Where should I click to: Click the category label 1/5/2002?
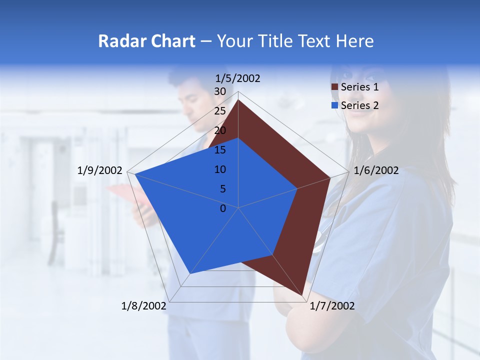[x=238, y=78]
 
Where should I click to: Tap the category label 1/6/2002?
[x=376, y=170]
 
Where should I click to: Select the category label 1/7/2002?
[x=332, y=306]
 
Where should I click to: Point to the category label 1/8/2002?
[x=144, y=306]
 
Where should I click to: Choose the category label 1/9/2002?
[x=100, y=170]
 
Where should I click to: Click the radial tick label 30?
[x=220, y=91]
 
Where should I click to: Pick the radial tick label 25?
[x=220, y=111]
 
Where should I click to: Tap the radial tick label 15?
[x=220, y=150]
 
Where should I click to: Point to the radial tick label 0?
[x=223, y=208]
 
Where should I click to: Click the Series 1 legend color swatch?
[x=335, y=87]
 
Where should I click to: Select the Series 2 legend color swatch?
[x=335, y=105]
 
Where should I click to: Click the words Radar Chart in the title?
[x=146, y=41]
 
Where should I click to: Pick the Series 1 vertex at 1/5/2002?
[x=238, y=100]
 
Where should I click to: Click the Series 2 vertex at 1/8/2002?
[x=190, y=273]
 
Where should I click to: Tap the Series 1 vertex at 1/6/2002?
[x=330, y=177]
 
